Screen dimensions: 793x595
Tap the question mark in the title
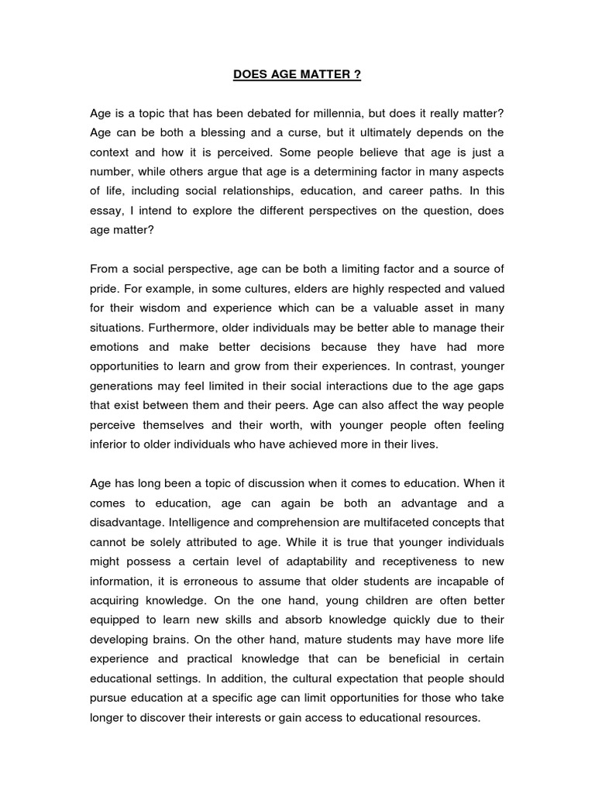pos(358,75)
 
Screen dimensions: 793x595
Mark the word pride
pos(105,288)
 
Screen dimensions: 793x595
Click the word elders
pos(298,288)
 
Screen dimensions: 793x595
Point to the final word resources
pos(450,717)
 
